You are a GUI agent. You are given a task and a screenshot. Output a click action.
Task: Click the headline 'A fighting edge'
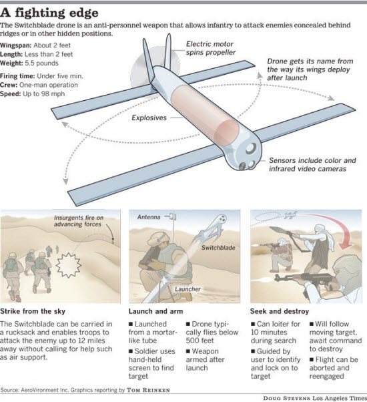(50, 12)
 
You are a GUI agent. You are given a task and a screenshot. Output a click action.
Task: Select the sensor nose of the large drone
(251, 154)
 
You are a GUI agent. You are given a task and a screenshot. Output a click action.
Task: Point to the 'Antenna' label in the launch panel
(149, 218)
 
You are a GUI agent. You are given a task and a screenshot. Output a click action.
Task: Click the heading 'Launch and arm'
(155, 311)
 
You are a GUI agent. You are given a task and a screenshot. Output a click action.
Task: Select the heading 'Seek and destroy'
(279, 311)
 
